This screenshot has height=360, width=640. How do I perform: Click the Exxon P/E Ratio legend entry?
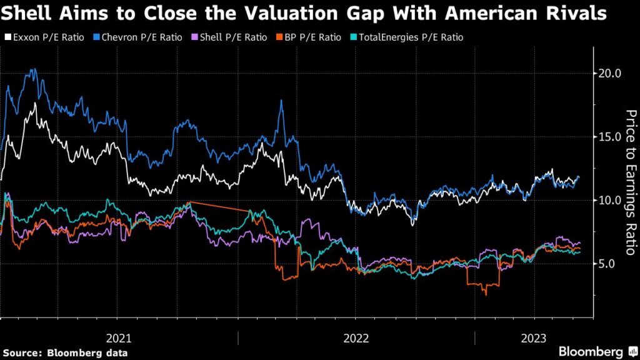[47, 37]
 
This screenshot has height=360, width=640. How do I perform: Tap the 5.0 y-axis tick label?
[606, 264]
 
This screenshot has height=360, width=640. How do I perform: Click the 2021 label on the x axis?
[119, 338]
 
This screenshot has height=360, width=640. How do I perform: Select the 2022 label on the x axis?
[356, 338]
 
